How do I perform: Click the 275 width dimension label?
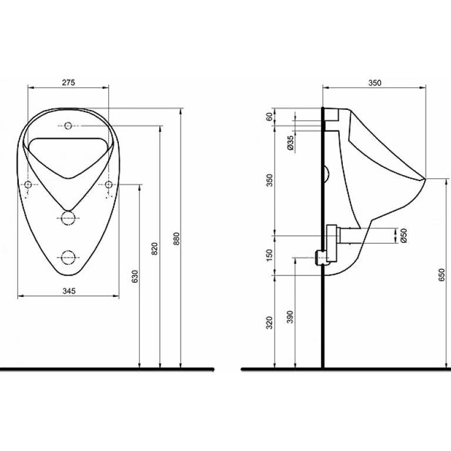(x=68, y=82)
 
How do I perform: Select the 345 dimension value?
(x=69, y=291)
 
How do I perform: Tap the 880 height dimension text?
(x=176, y=239)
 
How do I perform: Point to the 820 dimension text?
(x=155, y=249)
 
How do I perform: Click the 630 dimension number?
(x=135, y=276)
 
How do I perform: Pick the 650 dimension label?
(x=442, y=275)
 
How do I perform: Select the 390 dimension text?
(x=290, y=317)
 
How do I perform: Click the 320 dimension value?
(x=269, y=323)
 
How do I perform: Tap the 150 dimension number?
(x=269, y=255)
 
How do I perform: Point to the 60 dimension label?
(x=269, y=117)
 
